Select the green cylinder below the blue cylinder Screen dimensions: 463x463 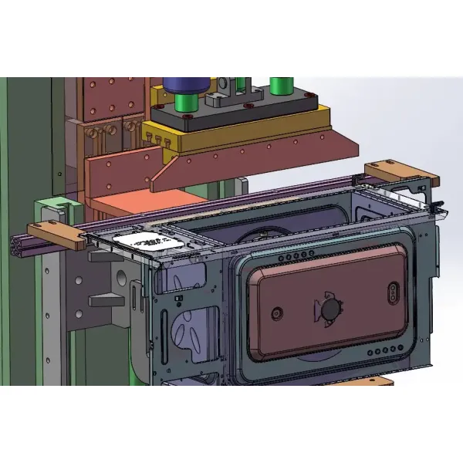(x=185, y=101)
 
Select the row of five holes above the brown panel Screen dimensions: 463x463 (x=298, y=256)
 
